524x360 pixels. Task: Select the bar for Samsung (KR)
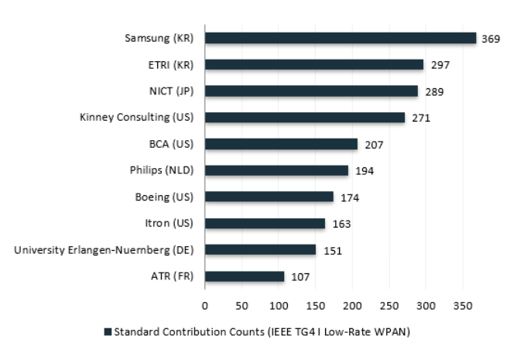pos(341,38)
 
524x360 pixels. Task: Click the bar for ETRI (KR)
pos(314,64)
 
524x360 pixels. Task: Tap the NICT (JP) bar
pos(311,91)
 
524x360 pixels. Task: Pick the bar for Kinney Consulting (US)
pos(305,118)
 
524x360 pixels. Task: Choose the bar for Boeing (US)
pos(269,197)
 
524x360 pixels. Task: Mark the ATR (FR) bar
pos(245,276)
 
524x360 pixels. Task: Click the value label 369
pos(491,39)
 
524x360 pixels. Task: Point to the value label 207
pos(374,145)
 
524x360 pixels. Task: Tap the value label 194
pos(365,171)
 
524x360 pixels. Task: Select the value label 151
pos(333,251)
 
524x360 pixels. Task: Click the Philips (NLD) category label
pos(161,170)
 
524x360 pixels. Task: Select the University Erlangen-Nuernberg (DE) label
pos(104,250)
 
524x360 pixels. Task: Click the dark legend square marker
pos(108,332)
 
